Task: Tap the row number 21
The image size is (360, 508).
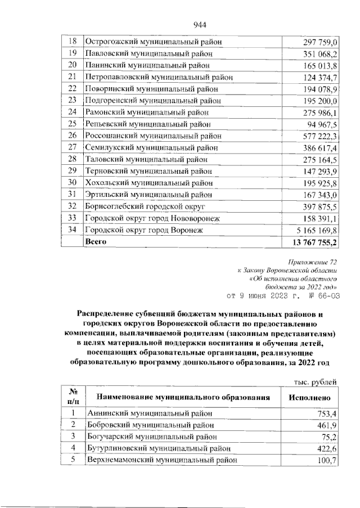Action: pos(71,77)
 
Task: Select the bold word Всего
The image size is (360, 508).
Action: pos(95,242)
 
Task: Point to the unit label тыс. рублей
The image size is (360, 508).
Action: pos(316,383)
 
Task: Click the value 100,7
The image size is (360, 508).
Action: pos(326,460)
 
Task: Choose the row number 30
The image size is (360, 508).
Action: pos(71,183)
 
